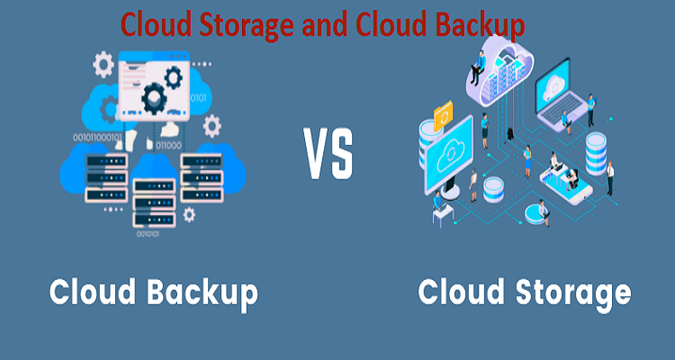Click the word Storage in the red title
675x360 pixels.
(x=238, y=24)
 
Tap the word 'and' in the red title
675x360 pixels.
(x=319, y=24)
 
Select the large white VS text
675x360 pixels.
(x=328, y=155)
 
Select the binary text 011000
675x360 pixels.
(x=168, y=144)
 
